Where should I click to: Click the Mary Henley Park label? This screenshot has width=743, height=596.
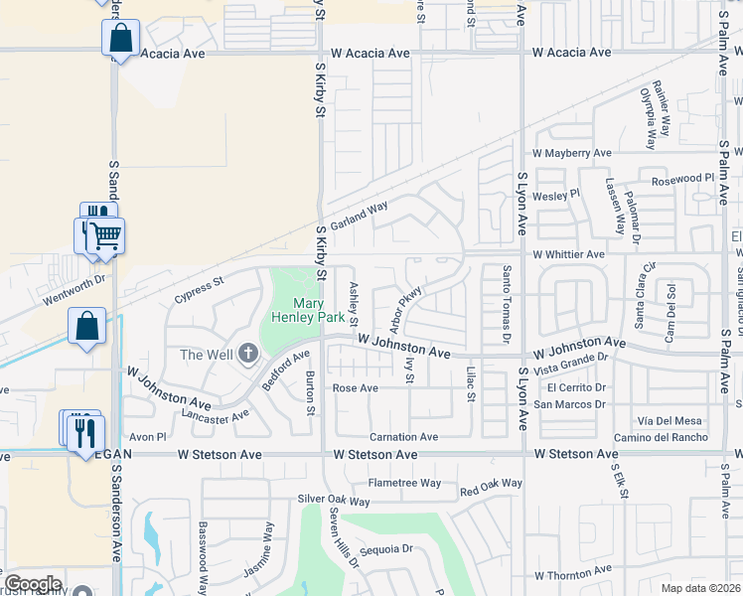[315, 311]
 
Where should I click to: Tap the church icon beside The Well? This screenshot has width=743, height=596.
[247, 354]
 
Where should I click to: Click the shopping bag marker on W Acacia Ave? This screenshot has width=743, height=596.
[120, 39]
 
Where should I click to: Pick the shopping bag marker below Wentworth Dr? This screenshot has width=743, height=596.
[86, 325]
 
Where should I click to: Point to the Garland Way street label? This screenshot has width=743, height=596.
[359, 216]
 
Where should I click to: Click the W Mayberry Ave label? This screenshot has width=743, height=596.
[571, 154]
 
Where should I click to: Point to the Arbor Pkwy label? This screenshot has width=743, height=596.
[406, 308]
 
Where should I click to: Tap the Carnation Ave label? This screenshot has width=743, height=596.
[403, 437]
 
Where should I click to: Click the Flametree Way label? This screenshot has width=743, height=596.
[404, 483]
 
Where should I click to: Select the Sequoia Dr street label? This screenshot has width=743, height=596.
[387, 548]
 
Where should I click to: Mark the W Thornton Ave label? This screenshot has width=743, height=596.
[574, 575]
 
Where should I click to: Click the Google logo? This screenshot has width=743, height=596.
[33, 584]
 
